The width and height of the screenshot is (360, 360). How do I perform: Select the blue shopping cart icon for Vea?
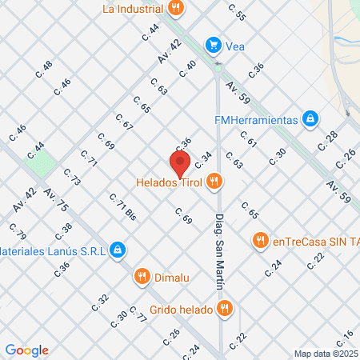pyautogui.click(x=212, y=45)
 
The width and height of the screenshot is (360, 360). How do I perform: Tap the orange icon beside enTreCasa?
pyautogui.click(x=259, y=239)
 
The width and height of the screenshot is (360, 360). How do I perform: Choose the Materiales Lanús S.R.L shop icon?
pyautogui.click(x=118, y=250)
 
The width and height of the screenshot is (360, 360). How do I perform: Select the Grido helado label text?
pyautogui.click(x=182, y=308)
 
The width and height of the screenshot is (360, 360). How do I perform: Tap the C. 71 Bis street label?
pyautogui.click(x=122, y=207)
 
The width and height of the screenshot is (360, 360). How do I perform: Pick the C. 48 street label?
pyautogui.click(x=43, y=70)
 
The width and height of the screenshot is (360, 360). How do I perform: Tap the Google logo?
pyautogui.click(x=27, y=350)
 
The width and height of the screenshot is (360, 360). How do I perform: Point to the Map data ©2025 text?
pyautogui.click(x=326, y=354)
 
